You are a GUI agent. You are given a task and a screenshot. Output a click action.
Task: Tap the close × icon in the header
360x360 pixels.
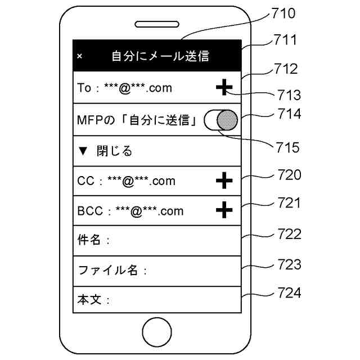coord(79,56)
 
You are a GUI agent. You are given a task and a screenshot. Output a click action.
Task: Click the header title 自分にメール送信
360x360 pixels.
coord(160,56)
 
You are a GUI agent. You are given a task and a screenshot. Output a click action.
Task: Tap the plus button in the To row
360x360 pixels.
coord(224,87)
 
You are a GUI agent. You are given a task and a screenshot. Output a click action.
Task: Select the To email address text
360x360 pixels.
coord(125,88)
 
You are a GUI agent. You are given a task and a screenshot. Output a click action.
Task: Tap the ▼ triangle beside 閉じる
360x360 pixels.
coord(83,151)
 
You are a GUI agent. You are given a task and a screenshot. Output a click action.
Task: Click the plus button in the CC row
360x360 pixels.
coord(224,181)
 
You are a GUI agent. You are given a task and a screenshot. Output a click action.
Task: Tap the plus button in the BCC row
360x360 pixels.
coord(224,210)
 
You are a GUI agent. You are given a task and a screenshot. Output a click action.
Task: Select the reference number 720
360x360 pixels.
coord(289,175)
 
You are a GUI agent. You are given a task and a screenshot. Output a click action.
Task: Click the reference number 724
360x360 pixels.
coord(289,292)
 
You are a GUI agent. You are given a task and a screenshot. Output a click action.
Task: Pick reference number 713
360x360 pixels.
coord(289,94)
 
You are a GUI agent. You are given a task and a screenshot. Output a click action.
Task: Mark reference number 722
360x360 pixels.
coord(289,233)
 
